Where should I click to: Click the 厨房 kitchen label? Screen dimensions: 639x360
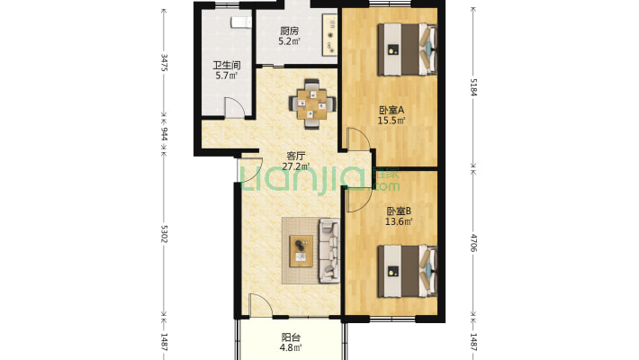coord(289,31)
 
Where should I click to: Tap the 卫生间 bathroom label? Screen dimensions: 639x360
coord(227,65)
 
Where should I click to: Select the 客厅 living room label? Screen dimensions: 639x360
coord(296,156)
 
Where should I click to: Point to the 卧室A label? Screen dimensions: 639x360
coord(391,110)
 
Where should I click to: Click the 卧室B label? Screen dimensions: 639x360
coord(399,211)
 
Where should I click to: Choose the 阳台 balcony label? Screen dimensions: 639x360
coord(291,337)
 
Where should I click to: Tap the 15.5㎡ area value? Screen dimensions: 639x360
coord(391,121)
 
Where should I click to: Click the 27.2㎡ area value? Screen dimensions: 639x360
coord(296,166)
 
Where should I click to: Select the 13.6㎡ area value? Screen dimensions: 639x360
coord(399,221)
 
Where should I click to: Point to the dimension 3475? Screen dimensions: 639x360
coord(164,62)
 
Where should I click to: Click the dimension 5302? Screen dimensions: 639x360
coord(164,234)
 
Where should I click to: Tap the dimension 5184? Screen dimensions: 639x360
coord(473,87)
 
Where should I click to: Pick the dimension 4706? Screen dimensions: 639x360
coord(473,243)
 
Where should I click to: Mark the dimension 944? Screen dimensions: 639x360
coord(164,134)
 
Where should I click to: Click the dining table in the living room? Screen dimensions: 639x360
coord(312,104)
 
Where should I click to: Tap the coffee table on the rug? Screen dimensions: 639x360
coord(301,251)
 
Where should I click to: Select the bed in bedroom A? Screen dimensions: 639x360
coord(407,49)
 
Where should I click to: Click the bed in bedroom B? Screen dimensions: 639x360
coord(407,271)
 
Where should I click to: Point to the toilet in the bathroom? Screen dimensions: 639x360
coord(240,22)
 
